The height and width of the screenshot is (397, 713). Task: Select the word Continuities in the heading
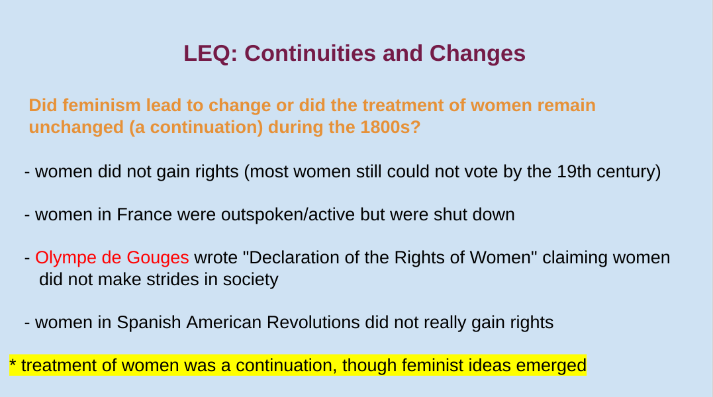pos(310,54)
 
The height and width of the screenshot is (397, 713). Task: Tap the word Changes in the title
pos(477,54)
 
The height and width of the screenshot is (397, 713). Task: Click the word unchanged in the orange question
pos(76,128)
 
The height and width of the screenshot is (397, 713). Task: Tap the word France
pos(144,214)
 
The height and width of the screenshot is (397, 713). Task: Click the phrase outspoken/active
pos(287,215)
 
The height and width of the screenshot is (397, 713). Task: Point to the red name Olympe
pos(66,258)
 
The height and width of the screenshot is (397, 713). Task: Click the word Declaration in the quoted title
pos(294,257)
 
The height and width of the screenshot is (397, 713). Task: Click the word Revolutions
pos(313,322)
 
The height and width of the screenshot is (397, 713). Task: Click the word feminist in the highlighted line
pos(430,365)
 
